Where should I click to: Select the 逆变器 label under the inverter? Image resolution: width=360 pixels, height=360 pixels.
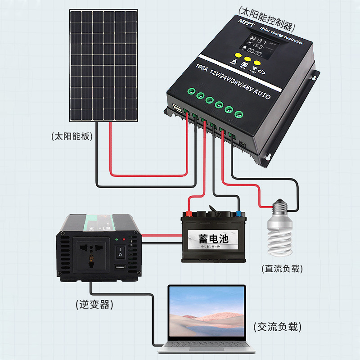click(94, 305)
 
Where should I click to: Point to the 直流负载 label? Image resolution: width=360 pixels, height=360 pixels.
click(282, 269)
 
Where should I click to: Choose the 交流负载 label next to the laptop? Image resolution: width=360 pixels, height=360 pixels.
click(277, 327)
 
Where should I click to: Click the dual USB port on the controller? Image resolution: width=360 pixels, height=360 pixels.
click(177, 108)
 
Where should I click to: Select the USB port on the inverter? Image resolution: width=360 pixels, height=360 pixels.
click(120, 268)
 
